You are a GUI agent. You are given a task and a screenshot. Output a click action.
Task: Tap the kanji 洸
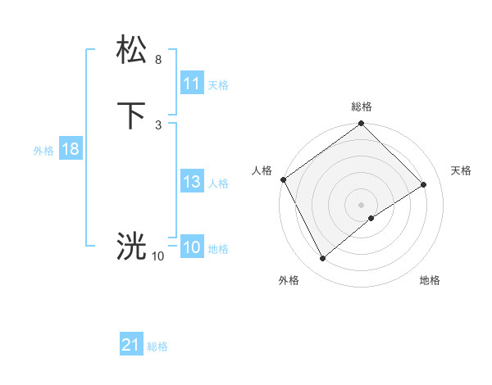(x=131, y=246)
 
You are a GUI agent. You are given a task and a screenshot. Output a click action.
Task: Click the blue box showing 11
(x=192, y=84)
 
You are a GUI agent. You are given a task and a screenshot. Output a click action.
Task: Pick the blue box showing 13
(x=192, y=183)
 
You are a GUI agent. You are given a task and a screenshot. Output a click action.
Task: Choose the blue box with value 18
(x=70, y=150)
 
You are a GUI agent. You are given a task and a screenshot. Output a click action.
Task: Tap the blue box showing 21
(x=131, y=346)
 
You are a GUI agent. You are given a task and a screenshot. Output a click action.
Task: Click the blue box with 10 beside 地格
(x=192, y=248)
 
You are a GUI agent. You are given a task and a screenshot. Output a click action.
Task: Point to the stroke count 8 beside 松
(x=157, y=60)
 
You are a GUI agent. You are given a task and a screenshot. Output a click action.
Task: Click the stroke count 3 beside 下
(x=157, y=125)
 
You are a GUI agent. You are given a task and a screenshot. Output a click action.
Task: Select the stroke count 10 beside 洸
(x=157, y=256)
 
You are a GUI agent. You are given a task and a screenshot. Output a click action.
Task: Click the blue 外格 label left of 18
(x=43, y=151)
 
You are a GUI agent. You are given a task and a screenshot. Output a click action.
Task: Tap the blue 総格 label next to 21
(x=157, y=346)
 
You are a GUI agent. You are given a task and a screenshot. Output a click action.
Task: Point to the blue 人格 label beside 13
(x=219, y=183)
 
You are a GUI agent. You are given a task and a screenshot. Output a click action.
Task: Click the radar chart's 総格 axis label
(x=362, y=106)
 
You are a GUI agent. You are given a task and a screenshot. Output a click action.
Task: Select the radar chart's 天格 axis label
(x=462, y=170)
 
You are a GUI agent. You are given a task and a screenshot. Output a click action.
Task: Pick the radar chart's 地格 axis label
(x=430, y=280)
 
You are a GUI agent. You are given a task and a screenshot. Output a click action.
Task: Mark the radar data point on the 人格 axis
(x=283, y=179)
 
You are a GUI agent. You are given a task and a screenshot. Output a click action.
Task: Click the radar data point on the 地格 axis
(x=371, y=218)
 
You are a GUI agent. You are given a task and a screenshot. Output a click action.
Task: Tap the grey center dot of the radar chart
(x=362, y=204)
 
